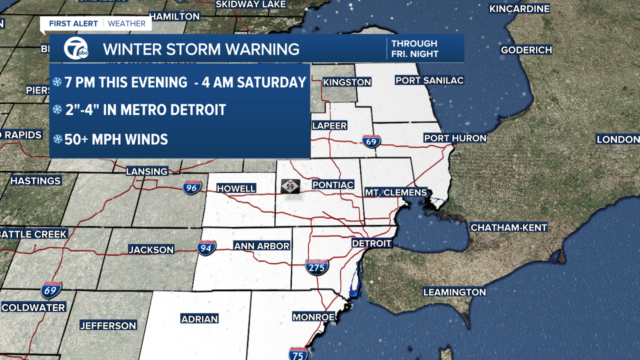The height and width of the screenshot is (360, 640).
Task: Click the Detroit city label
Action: tap(371, 243)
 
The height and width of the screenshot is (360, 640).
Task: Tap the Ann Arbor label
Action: tap(262, 246)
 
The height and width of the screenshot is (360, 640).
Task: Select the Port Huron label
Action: tap(455, 138)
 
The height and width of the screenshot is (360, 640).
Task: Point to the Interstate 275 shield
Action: tap(317, 267)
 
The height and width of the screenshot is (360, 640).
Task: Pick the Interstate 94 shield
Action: tap(206, 247)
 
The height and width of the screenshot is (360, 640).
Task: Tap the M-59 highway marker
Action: tap(290, 186)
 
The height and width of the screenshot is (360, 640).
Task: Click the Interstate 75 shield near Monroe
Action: tap(298, 353)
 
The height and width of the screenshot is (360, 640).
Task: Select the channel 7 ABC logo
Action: tap(75, 49)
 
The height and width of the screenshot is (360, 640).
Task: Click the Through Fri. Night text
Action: tap(414, 49)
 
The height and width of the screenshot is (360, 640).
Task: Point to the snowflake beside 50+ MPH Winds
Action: tap(58, 139)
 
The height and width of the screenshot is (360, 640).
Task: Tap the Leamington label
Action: tap(454, 292)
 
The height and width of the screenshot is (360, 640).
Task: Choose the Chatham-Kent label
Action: tap(509, 227)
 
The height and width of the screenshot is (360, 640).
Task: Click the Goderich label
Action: tap(526, 50)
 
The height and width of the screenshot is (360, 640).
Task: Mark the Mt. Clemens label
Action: tap(395, 192)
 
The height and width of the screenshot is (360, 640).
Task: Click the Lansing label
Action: tap(146, 171)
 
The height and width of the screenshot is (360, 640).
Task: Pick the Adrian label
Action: tap(199, 319)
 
